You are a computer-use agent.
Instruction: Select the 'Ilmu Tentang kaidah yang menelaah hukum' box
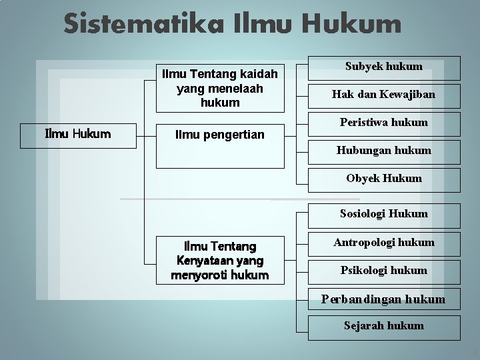[219, 88]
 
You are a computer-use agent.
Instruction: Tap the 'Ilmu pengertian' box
[219, 135]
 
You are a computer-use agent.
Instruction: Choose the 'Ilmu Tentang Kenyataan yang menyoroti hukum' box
[219, 261]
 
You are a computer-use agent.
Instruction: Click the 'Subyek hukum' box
[383, 67]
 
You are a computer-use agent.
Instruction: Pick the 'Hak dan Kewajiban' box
[383, 95]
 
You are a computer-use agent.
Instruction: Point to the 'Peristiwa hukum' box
[383, 123]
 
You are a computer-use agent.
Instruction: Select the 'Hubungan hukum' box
[383, 151]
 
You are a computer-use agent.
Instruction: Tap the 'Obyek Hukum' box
[383, 179]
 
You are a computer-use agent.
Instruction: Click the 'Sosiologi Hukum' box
[383, 214]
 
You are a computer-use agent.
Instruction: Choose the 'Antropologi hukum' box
[383, 243]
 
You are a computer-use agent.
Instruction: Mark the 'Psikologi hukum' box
[383, 271]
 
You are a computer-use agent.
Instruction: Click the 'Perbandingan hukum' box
[383, 299]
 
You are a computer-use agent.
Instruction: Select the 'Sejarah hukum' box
[383, 326]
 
